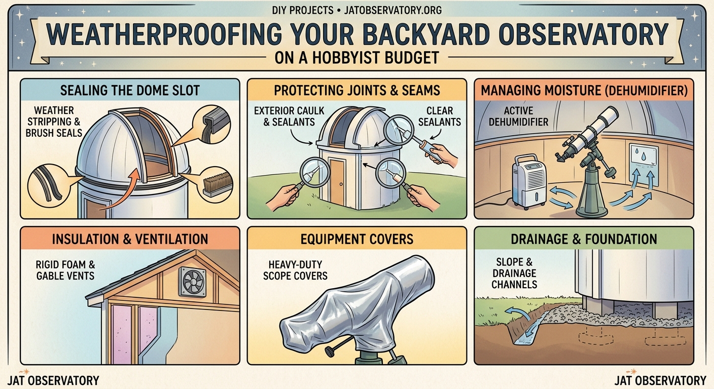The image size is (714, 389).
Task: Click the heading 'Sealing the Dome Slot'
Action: click(130, 91)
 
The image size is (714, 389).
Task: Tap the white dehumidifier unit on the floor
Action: click(529, 181)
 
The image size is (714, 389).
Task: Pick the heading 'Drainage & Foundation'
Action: click(583, 239)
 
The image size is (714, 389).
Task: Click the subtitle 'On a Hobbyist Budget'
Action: click(356, 58)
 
